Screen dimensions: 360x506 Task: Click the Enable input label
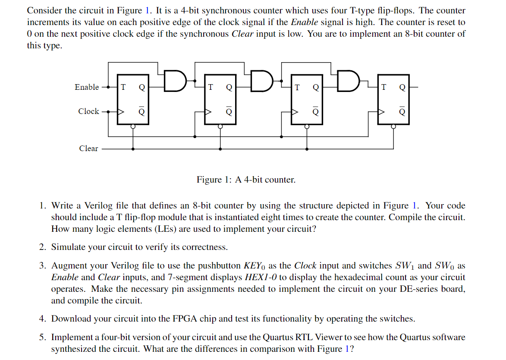tap(87, 87)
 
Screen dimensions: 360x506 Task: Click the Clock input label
tap(88, 111)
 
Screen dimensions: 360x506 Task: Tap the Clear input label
tap(88, 148)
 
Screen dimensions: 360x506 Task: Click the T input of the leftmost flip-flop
tap(123, 87)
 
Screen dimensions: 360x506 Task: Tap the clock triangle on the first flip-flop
tap(121, 111)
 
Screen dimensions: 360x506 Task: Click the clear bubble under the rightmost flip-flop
tap(393, 126)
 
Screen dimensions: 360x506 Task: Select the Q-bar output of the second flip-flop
tap(229, 111)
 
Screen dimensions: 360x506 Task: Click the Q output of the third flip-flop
tap(315, 87)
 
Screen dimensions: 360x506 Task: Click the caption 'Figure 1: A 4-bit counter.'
tap(246, 180)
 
